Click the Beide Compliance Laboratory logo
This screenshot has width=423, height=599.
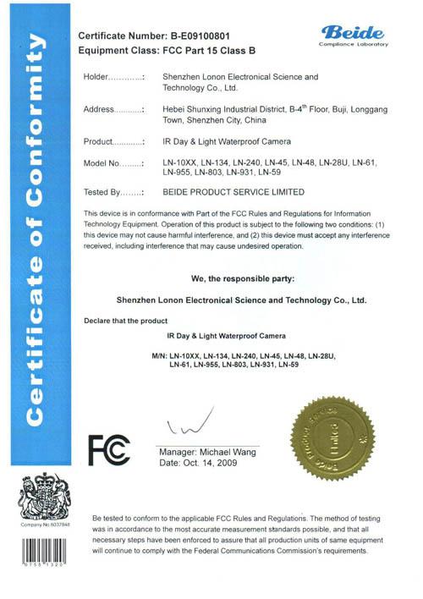click(354, 33)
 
